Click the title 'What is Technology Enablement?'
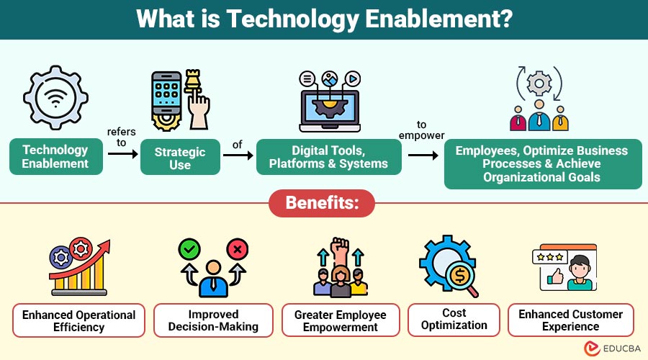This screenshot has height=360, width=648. click(324, 19)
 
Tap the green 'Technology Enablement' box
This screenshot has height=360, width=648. click(55, 157)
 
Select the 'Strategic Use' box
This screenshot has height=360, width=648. click(180, 158)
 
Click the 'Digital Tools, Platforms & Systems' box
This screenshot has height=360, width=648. click(328, 157)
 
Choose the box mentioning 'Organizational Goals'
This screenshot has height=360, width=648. click(542, 163)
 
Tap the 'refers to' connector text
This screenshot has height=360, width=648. click(121, 137)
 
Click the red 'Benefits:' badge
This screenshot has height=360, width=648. click(322, 203)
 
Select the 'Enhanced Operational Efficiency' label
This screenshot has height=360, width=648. click(78, 320)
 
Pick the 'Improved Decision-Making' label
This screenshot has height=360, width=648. click(213, 320)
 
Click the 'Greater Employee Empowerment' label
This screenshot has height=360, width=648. click(341, 320)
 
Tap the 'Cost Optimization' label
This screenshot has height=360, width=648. click(454, 319)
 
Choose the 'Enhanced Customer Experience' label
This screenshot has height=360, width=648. click(571, 320)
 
